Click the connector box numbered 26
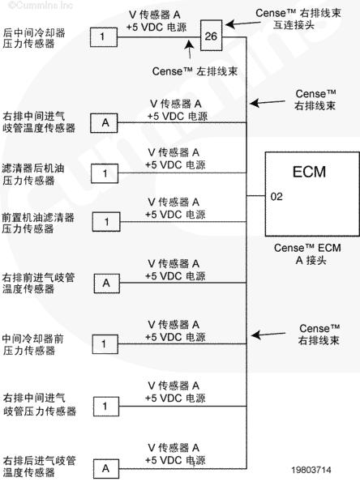211,36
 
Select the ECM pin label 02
276,197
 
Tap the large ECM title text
309,172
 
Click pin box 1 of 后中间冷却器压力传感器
104,37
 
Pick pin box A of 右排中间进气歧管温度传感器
104,123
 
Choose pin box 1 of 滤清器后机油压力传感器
105,173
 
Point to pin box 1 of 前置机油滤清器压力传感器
106,222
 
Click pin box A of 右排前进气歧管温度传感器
107,283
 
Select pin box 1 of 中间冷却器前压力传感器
105,344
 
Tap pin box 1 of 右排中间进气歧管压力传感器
106,407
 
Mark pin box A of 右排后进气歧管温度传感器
106,469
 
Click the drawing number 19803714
311,470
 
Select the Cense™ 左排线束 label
195,71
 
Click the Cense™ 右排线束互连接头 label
298,19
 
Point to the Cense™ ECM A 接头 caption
307,254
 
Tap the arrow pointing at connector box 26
242,23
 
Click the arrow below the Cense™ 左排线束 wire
190,49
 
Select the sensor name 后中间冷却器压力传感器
34,38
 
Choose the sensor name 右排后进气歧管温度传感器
39,467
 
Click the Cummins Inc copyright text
41,6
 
